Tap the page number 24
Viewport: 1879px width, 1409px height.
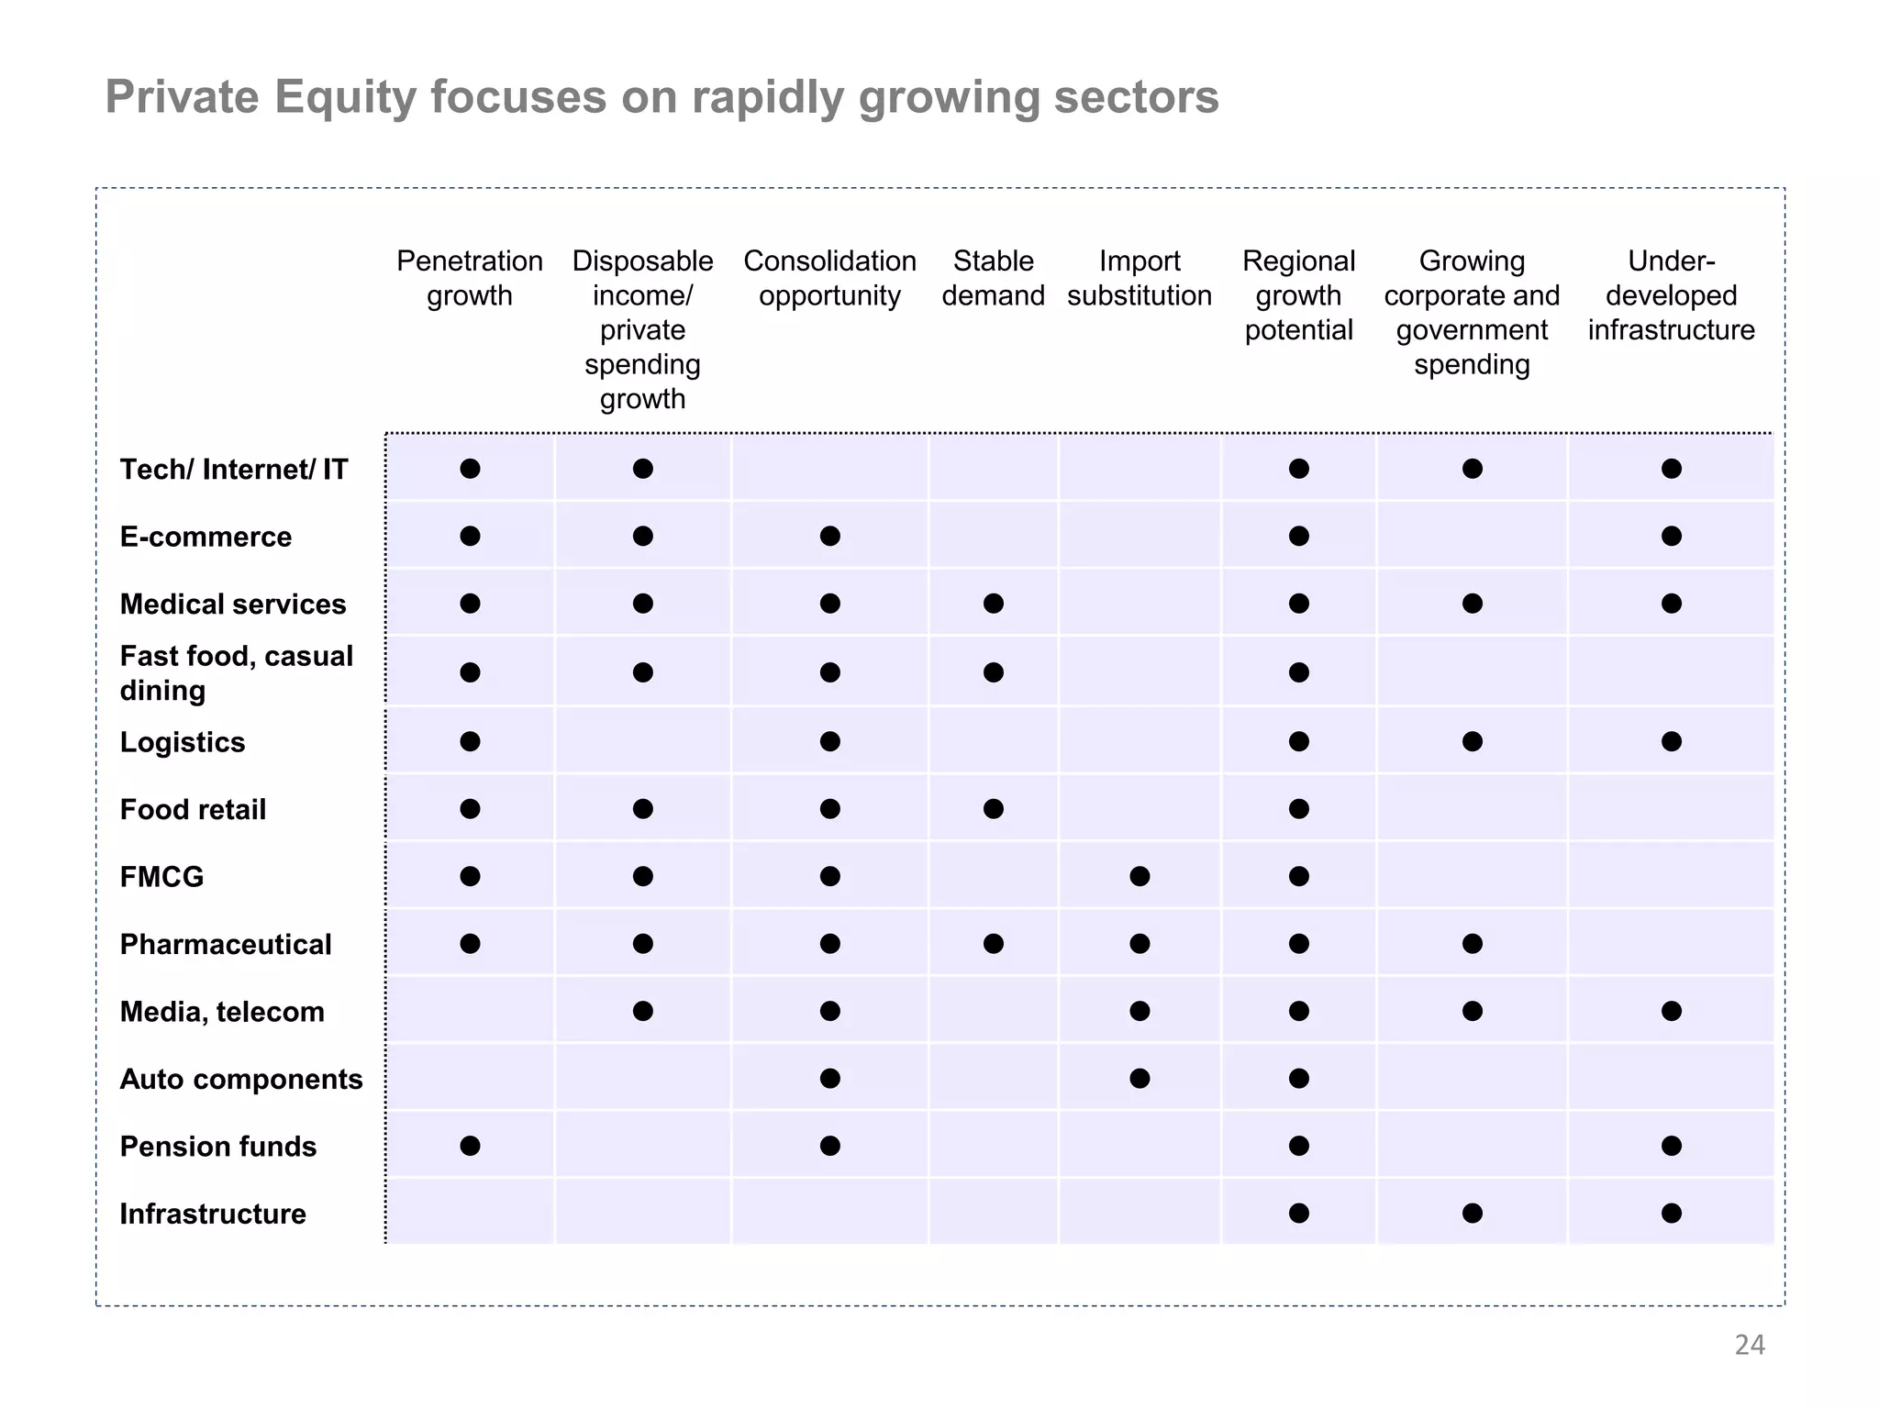click(1749, 1345)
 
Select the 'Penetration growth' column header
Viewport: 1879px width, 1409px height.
click(469, 278)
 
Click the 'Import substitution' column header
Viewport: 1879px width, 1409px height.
click(1139, 278)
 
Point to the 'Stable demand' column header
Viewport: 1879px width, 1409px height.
click(993, 278)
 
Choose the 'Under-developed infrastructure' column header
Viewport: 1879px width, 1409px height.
click(1671, 295)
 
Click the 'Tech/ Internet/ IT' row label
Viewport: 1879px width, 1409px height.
click(233, 470)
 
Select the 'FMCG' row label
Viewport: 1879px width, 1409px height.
click(161, 877)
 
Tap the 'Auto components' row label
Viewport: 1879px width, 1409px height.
click(241, 1079)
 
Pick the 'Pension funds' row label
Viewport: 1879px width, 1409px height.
click(217, 1147)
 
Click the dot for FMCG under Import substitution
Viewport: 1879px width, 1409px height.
click(1140, 876)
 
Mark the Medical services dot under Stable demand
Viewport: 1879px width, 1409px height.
click(993, 604)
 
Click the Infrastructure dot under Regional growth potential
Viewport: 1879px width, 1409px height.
click(1298, 1213)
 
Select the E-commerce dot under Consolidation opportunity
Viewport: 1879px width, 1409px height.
click(829, 536)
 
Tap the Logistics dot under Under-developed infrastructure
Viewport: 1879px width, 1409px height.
click(1671, 741)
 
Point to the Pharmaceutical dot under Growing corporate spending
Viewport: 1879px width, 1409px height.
click(1472, 944)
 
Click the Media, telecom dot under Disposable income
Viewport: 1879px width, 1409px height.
click(642, 1011)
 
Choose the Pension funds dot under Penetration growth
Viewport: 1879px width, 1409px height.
click(470, 1146)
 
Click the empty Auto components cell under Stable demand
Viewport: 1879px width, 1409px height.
click(993, 1078)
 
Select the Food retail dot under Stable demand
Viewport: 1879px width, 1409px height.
click(993, 808)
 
